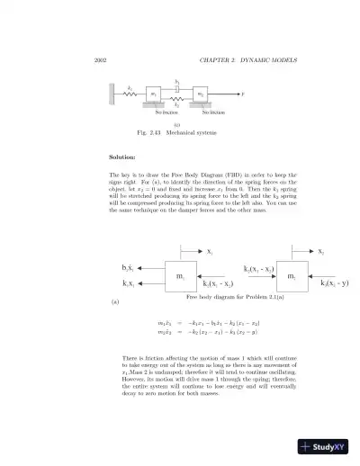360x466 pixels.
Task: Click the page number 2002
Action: click(100, 60)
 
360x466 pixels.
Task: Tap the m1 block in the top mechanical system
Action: click(153, 94)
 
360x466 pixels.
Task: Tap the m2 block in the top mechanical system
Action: click(201, 94)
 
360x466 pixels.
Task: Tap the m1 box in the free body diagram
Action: click(181, 276)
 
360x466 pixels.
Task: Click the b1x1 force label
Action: click(129, 268)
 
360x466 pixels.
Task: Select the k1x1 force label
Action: click(129, 284)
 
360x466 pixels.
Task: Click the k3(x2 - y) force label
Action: click(334, 284)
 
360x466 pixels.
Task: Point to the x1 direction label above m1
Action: click(209, 251)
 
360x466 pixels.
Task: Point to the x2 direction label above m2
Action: click(321, 251)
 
